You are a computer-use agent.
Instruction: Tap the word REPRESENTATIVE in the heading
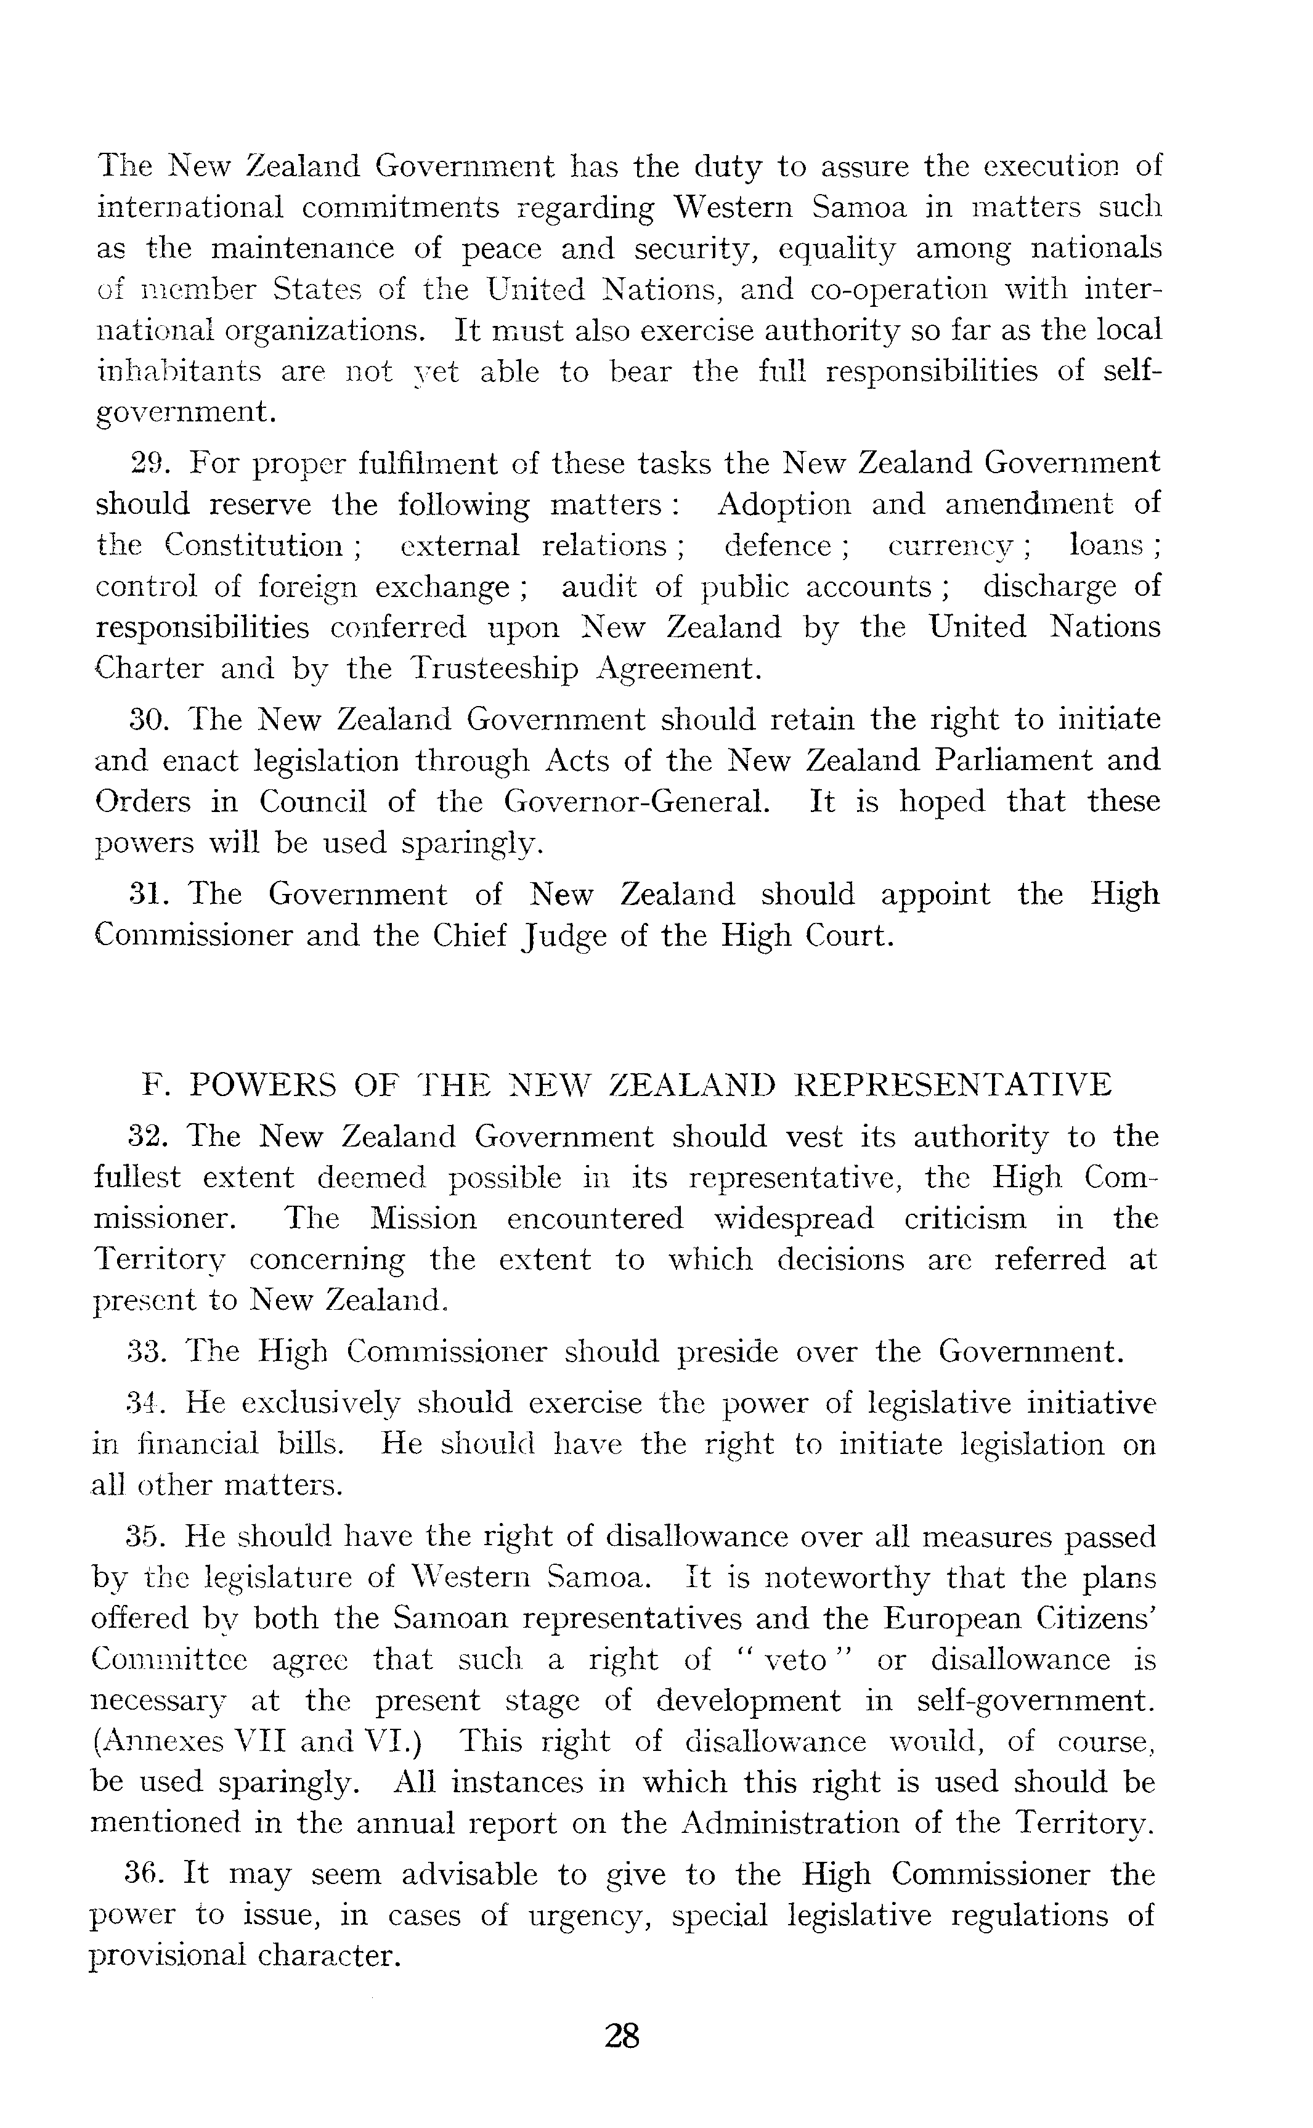[954, 1086]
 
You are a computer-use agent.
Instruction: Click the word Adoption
[785, 505]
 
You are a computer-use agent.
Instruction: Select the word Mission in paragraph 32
[423, 1219]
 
